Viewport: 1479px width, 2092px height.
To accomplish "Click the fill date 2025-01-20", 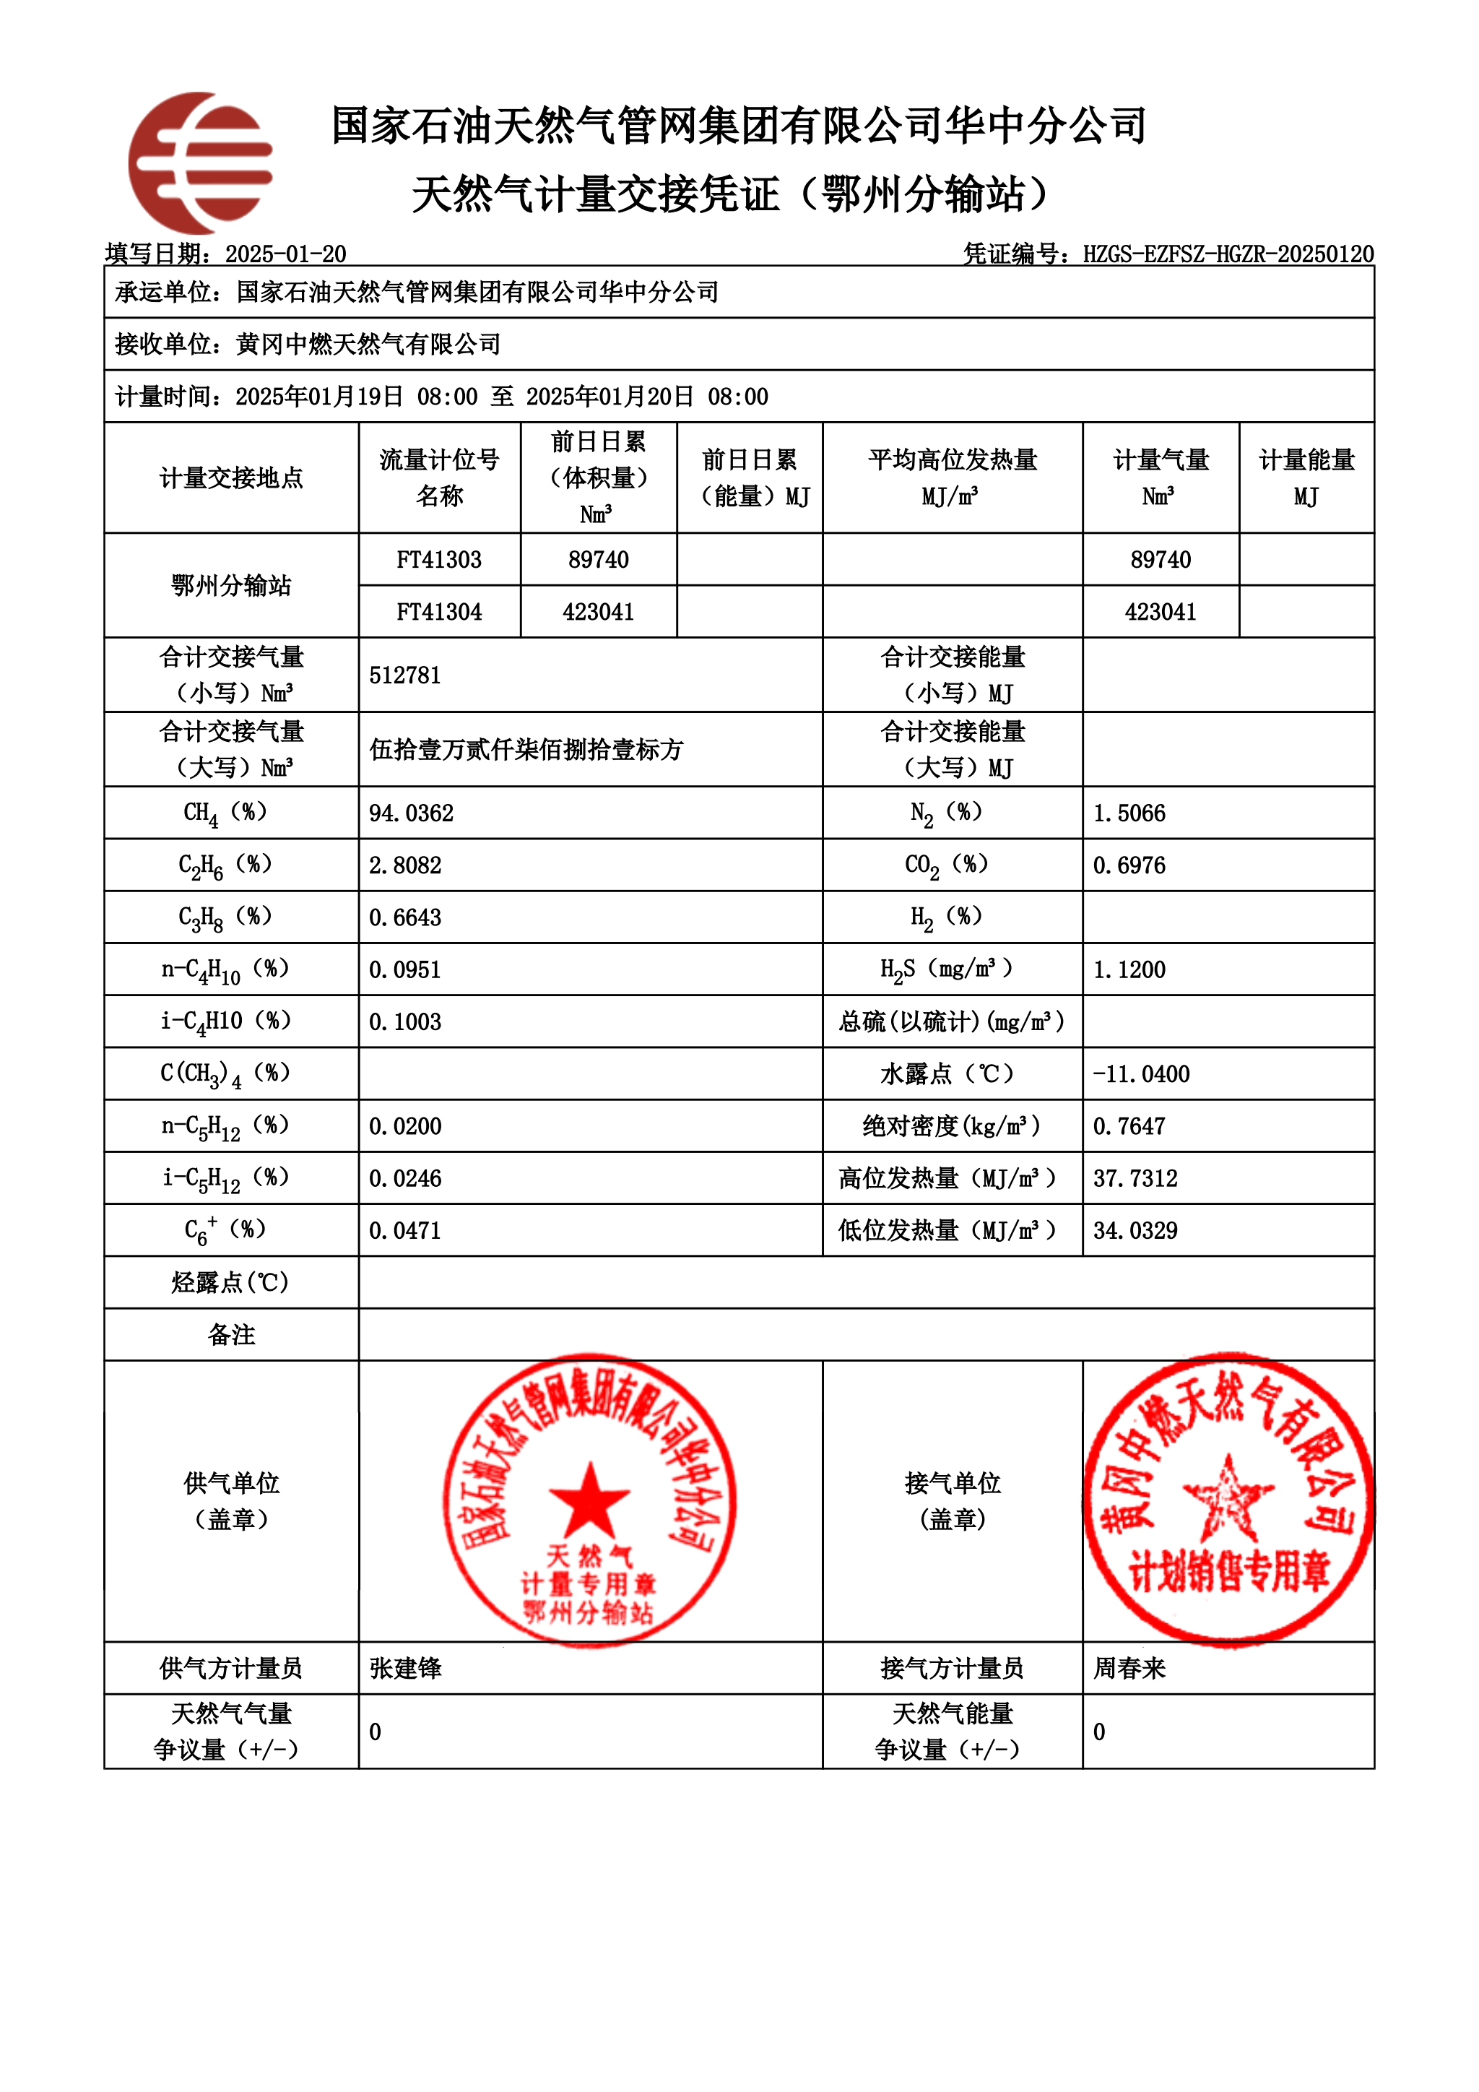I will coord(286,254).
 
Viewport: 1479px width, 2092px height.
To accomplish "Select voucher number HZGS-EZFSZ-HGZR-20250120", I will coord(1228,254).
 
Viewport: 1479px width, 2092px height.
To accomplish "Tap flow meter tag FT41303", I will coord(439,559).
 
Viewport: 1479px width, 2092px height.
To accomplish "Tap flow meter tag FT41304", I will coord(439,611).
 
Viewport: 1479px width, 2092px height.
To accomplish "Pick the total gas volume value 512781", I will coord(405,675).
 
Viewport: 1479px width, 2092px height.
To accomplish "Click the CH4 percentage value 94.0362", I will coord(412,813).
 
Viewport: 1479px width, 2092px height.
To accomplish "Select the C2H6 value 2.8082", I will coord(405,865).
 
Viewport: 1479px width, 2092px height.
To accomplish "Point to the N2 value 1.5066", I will coord(1129,813).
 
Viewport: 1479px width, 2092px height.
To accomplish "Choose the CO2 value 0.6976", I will coord(1129,865).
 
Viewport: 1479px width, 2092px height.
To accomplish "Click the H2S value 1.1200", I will coord(1129,969).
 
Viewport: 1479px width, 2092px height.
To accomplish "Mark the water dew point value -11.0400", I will coord(1141,1074).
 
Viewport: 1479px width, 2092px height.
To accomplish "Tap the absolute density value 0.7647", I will coord(1129,1126).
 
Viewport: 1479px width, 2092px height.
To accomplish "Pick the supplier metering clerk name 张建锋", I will coord(406,1668).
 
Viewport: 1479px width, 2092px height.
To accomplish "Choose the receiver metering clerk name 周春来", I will coord(1129,1668).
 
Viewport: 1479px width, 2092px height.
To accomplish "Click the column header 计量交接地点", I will coord(231,477).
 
